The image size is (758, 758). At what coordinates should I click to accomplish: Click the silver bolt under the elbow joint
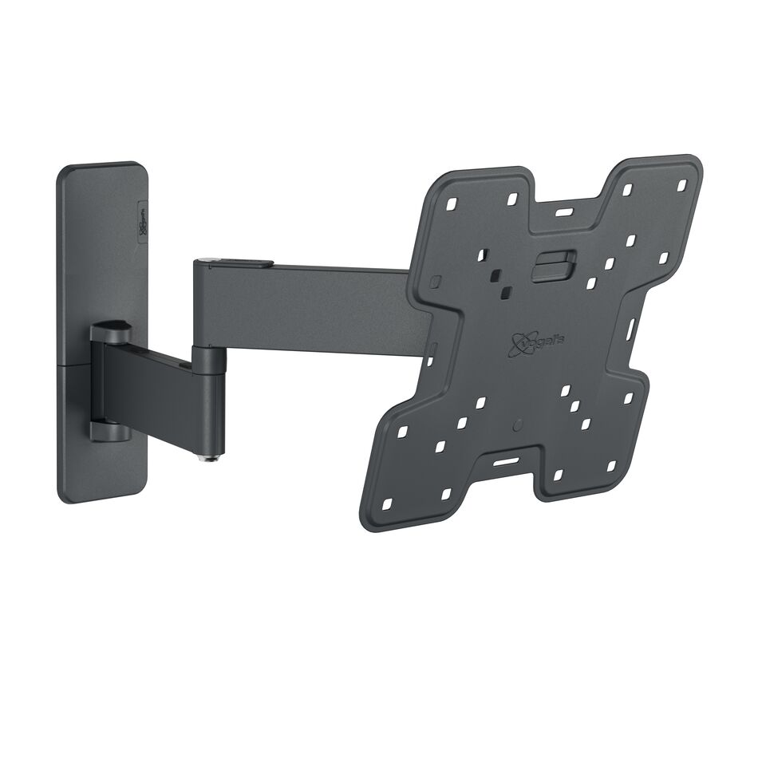(x=211, y=456)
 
